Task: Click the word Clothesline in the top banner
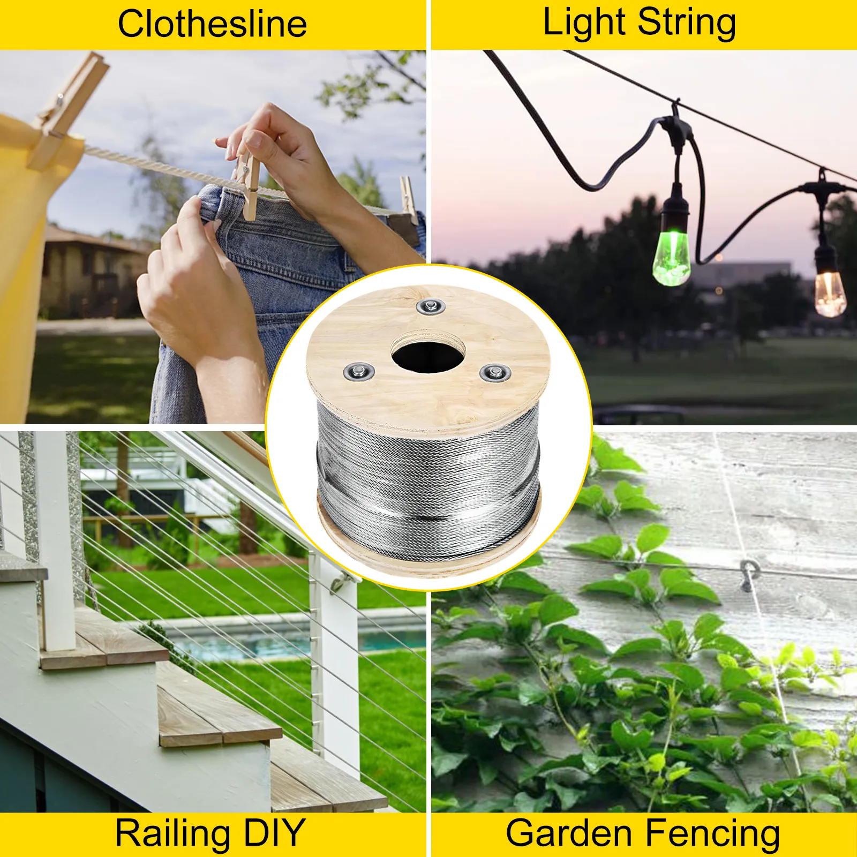[212, 24]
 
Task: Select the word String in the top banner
[687, 23]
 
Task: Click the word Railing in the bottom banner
[173, 833]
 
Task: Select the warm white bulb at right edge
[829, 289]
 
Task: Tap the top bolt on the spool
[430, 307]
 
